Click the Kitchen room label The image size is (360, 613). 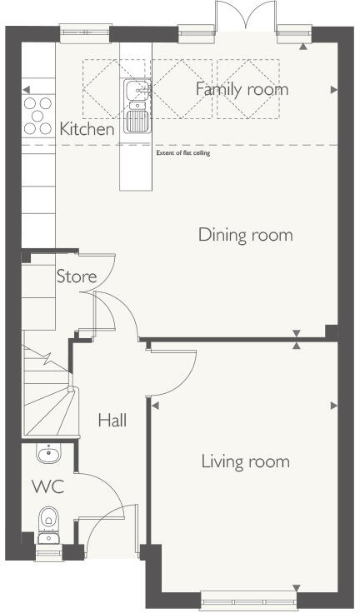coord(87,130)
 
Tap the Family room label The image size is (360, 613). coord(242,89)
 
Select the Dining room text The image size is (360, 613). coord(245,235)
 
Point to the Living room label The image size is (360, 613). coord(245,461)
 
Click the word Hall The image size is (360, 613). coord(112,421)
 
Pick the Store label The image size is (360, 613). coord(76,277)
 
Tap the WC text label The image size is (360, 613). coord(48,487)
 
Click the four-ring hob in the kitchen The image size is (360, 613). coord(37,116)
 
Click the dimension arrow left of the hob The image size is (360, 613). coord(27,90)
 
